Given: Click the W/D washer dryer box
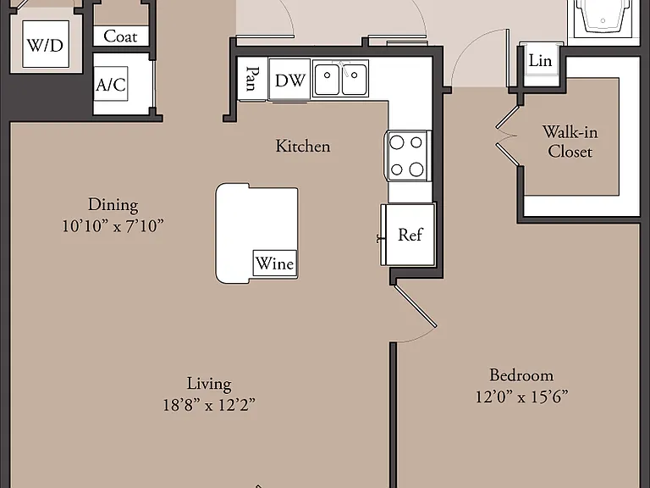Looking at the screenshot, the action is click(46, 44).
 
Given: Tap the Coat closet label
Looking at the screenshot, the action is click(120, 36).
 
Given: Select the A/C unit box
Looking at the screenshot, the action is click(111, 84).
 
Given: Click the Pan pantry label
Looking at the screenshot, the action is click(251, 79).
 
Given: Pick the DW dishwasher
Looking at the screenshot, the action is click(289, 80).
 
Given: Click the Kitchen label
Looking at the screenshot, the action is click(303, 146).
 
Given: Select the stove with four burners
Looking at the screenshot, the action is click(407, 156).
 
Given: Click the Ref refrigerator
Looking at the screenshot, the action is click(410, 235).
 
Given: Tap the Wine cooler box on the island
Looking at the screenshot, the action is click(275, 263).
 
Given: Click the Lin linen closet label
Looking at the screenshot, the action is click(540, 61).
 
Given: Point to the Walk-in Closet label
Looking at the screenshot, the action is click(570, 141).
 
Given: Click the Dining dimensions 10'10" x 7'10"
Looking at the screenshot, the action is click(113, 226).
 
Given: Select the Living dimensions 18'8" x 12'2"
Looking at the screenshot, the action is click(209, 405).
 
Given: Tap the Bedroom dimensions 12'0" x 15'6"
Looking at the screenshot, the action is click(521, 396).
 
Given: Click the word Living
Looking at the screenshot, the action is click(209, 384).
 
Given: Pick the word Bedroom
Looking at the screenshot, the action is click(521, 375).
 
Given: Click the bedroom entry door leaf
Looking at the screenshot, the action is click(415, 305).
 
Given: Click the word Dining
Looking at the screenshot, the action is click(113, 205).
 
